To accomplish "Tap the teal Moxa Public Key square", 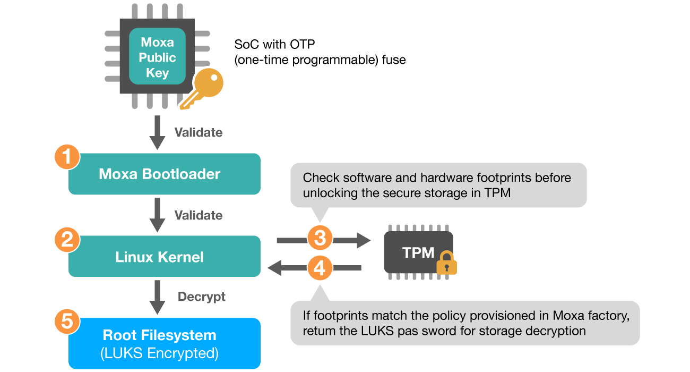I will coord(157,57).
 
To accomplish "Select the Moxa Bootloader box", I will coord(164,174).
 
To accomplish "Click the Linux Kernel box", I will coord(164,257).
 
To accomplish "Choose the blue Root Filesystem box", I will coord(164,343).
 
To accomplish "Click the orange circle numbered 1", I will coord(67,157).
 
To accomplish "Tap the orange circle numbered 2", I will coord(67,240).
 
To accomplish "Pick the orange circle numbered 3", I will coord(320,239).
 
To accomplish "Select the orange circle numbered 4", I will coord(320,268).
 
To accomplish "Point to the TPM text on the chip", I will coord(418,253).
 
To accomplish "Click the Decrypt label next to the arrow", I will coord(201,297).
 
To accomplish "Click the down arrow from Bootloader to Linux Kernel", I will coord(157,214).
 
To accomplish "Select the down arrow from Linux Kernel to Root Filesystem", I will coord(157,297).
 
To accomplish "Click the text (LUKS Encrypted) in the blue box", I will coord(159,352).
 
